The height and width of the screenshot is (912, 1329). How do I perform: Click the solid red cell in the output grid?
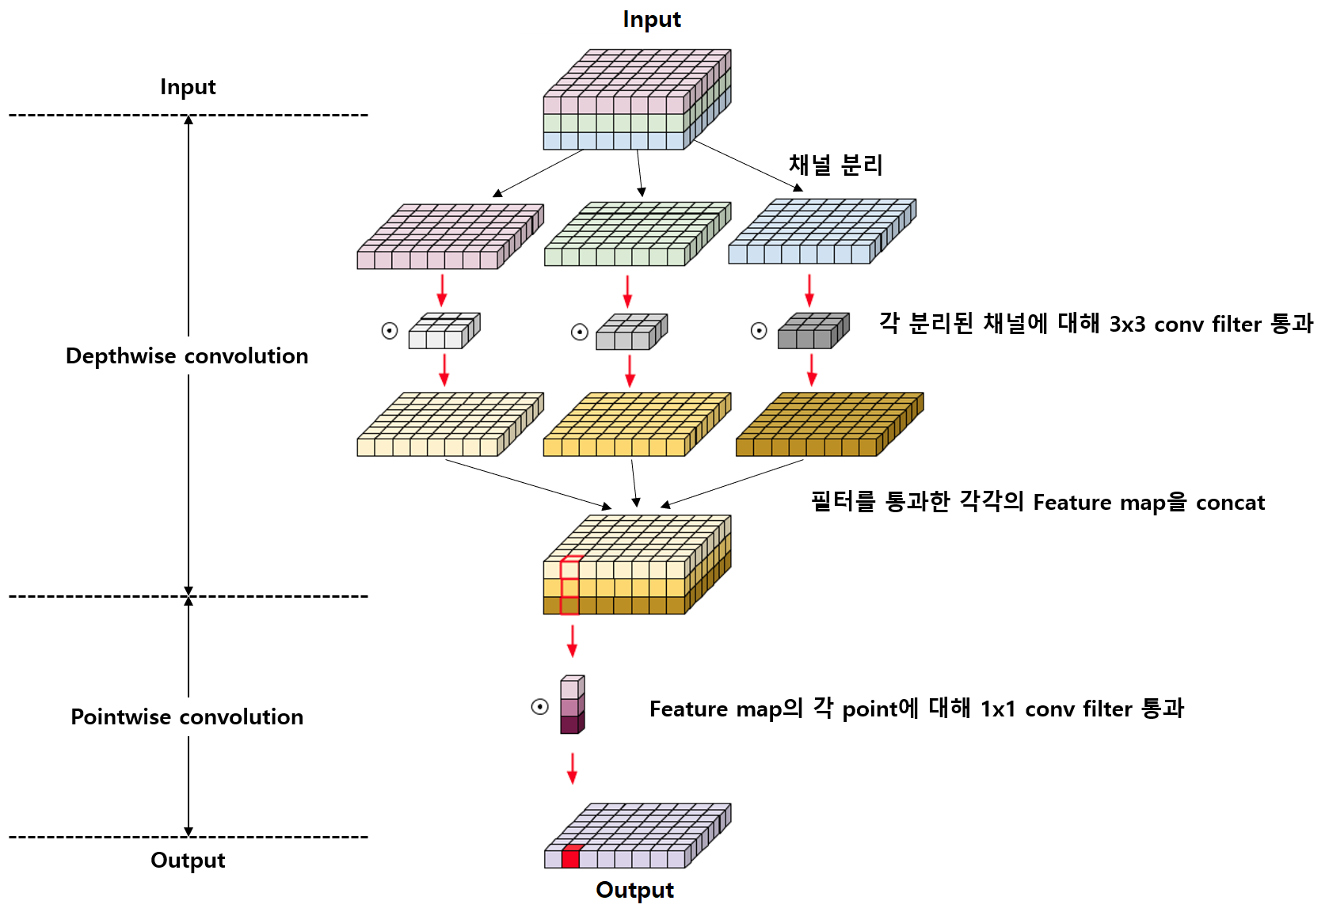(x=570, y=857)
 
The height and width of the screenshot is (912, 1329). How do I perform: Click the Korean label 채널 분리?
(x=835, y=165)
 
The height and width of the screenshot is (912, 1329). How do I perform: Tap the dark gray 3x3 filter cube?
(x=813, y=331)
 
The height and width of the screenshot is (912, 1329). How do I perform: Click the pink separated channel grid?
(x=450, y=237)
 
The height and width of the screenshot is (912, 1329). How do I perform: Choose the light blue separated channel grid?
(x=821, y=231)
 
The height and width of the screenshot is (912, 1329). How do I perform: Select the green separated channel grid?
(x=637, y=234)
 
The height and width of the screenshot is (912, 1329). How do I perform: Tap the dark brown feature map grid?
(x=828, y=424)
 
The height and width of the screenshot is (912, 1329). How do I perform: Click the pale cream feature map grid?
(x=450, y=424)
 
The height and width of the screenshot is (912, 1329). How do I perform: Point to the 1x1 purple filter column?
(x=572, y=705)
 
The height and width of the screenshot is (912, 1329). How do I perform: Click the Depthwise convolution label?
(x=187, y=356)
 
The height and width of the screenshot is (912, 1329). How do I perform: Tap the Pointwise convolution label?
(x=187, y=717)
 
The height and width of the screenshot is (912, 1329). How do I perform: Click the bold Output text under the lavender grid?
(x=634, y=890)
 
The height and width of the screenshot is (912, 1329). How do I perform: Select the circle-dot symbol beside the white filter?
(x=390, y=331)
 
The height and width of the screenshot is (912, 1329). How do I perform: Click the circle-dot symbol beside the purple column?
(x=539, y=707)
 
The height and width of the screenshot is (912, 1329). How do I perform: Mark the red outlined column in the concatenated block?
(x=570, y=587)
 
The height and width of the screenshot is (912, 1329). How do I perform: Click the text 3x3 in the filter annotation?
(x=1126, y=325)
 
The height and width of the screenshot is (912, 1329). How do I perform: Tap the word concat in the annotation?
(x=1229, y=503)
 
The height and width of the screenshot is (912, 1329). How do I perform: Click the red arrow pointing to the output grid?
(x=572, y=768)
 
